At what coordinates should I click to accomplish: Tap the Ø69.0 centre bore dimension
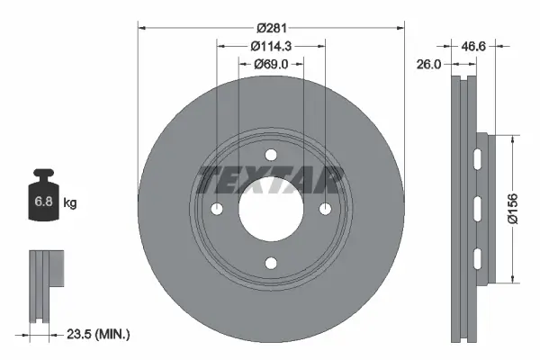pyautogui.click(x=270, y=64)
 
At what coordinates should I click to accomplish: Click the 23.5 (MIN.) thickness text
pyautogui.click(x=100, y=334)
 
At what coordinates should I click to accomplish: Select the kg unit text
pyautogui.click(x=70, y=204)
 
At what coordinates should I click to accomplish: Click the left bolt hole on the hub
pyautogui.click(x=218, y=210)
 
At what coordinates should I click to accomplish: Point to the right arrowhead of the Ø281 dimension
pyautogui.click(x=398, y=27)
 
